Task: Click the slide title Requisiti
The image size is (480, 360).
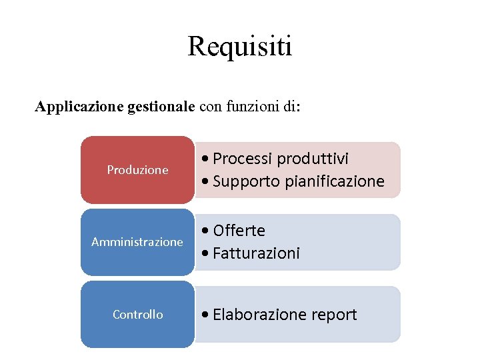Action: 240,47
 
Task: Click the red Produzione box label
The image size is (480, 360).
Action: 137,170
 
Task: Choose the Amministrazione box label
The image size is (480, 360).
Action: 137,242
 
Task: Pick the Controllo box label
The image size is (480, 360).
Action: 137,314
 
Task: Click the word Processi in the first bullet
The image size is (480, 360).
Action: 243,159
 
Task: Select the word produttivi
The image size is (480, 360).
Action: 313,159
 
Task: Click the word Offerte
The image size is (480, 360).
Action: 239,231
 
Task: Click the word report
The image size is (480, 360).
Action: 333,315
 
